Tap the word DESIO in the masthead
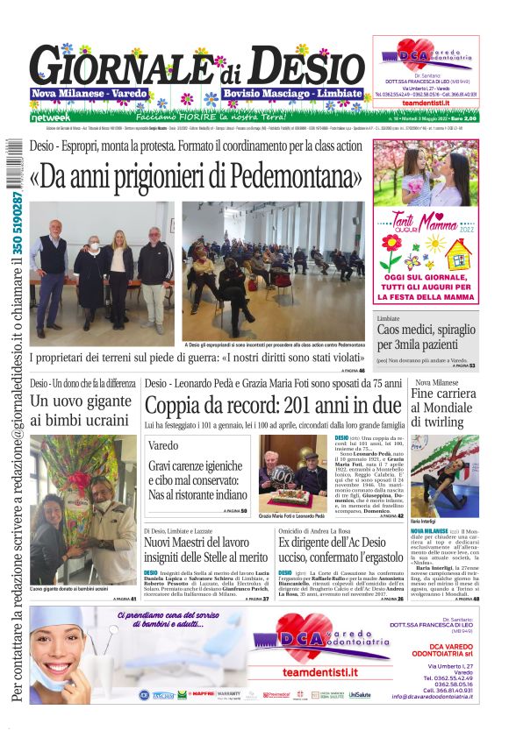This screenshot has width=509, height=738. [303, 67]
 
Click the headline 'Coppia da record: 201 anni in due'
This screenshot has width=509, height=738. [273, 406]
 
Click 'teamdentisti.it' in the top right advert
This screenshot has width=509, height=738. [426, 103]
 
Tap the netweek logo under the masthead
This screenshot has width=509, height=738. [52, 117]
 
